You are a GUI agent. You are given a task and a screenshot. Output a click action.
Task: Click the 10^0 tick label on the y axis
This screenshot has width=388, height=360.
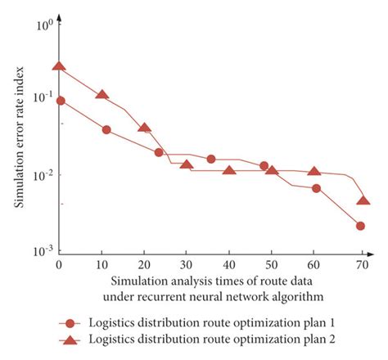[42, 25]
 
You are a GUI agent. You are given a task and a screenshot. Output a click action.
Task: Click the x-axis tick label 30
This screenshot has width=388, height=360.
[187, 267]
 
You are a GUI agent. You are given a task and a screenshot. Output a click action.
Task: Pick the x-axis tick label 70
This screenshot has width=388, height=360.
[361, 267]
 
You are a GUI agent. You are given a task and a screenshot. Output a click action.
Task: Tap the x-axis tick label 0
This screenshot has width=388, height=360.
[59, 267]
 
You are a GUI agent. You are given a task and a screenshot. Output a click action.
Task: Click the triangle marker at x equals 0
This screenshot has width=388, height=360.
[59, 66]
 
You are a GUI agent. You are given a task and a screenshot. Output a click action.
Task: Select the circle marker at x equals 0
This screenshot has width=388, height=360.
[60, 101]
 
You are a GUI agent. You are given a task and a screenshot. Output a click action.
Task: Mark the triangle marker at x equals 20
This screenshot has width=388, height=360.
[145, 128]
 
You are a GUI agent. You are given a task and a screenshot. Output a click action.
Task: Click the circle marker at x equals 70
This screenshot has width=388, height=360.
[360, 226]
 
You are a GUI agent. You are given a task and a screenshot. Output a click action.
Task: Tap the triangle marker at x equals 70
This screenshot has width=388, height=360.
[363, 200]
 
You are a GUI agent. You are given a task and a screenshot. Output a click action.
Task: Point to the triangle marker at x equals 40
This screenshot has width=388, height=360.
[229, 170]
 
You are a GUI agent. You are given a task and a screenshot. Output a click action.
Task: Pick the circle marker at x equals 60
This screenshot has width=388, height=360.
[316, 188]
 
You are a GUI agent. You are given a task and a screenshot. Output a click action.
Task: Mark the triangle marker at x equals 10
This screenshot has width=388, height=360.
[102, 94]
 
